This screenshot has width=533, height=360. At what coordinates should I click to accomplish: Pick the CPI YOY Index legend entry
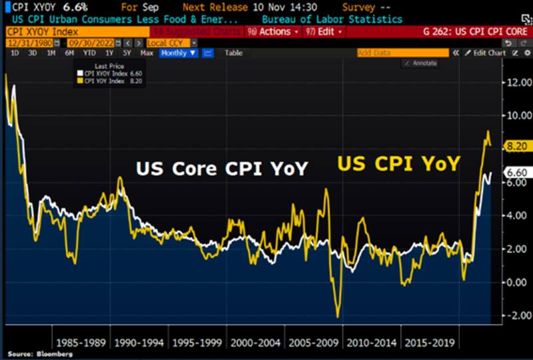(x=111, y=81)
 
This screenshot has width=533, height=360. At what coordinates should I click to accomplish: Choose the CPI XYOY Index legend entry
(x=111, y=73)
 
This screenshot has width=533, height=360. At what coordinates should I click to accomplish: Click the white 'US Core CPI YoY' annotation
(x=222, y=169)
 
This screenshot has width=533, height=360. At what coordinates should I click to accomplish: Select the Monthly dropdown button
(x=179, y=53)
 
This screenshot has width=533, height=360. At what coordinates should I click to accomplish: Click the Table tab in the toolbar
(x=233, y=53)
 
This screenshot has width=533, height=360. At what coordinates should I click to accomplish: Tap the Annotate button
(x=420, y=63)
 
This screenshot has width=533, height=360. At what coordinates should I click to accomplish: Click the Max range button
(x=147, y=53)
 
